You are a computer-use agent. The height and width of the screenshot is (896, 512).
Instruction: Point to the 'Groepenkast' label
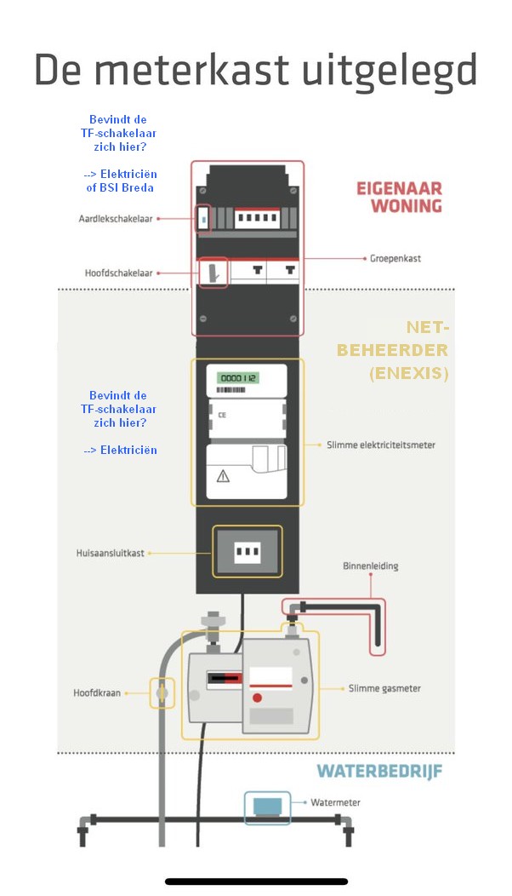[x=395, y=256]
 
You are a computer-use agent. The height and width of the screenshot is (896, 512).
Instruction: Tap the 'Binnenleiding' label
[x=370, y=566]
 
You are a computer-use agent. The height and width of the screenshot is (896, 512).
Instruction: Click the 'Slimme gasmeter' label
[x=384, y=688]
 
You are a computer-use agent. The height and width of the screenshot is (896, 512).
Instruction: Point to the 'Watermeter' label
[x=336, y=801]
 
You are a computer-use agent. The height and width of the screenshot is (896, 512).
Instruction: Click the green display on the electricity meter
[x=239, y=377]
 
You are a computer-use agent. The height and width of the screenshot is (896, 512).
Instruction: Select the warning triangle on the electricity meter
[x=224, y=475]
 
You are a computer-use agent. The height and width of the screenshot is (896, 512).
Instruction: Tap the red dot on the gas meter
[x=257, y=698]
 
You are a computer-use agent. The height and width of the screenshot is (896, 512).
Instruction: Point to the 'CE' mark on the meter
[x=222, y=416]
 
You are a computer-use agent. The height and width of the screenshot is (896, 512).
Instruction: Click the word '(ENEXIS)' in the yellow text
[x=409, y=373]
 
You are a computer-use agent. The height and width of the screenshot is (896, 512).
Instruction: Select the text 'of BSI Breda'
[x=121, y=187]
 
